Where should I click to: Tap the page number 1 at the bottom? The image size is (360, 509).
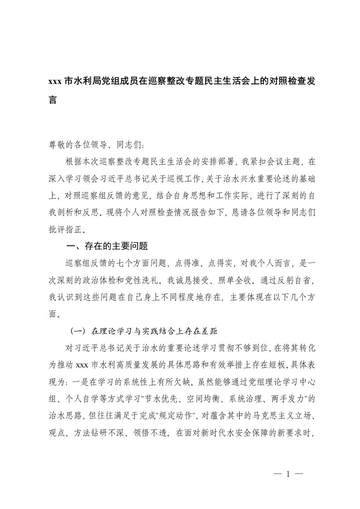coord(288,475)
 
